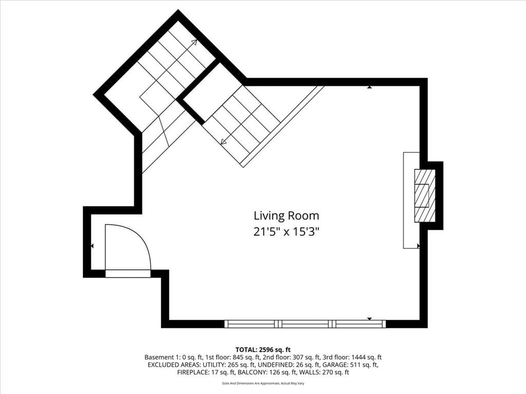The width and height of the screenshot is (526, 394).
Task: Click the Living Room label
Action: click(x=286, y=216)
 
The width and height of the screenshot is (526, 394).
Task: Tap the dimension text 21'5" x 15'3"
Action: click(x=286, y=231)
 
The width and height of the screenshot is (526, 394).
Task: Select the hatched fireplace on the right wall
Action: click(x=425, y=196)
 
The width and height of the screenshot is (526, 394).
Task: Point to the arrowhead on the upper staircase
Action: click(x=194, y=42)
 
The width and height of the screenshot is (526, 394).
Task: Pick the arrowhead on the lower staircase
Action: click(x=223, y=142)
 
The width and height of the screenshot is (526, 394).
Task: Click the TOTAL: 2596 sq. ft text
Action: click(x=263, y=350)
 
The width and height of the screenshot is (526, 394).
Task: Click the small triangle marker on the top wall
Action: click(x=369, y=87)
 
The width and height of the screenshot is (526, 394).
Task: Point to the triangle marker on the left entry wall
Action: click(x=92, y=246)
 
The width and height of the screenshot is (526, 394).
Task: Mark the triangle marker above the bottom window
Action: click(x=370, y=319)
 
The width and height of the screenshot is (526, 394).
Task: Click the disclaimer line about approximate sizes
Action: click(x=263, y=383)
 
